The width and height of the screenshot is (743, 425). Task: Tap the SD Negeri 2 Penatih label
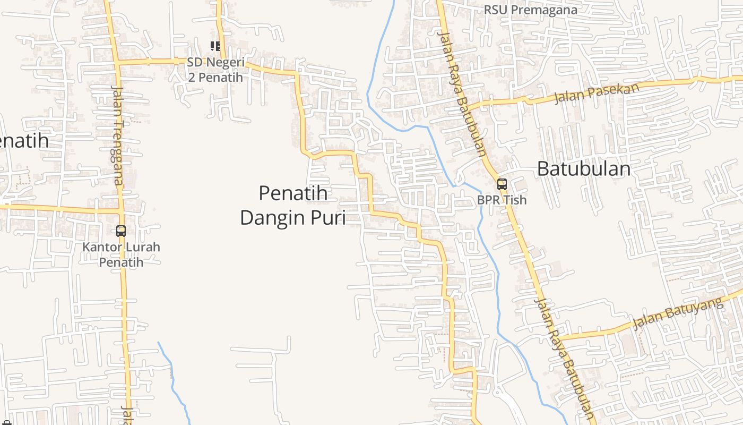tap(215, 70)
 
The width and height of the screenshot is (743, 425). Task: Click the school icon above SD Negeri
tap(215, 46)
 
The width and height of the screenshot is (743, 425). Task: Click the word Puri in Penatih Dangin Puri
tap(330, 218)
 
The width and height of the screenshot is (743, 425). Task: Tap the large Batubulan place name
tap(584, 169)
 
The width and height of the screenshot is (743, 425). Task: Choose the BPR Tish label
tap(502, 200)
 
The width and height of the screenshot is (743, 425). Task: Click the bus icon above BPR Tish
tap(502, 184)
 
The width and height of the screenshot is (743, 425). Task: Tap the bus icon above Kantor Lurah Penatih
tap(121, 231)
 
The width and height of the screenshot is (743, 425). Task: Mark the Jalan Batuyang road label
tap(678, 313)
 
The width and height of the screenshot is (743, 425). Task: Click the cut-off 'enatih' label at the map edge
tap(24, 141)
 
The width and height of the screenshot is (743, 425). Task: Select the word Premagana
tap(545, 10)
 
